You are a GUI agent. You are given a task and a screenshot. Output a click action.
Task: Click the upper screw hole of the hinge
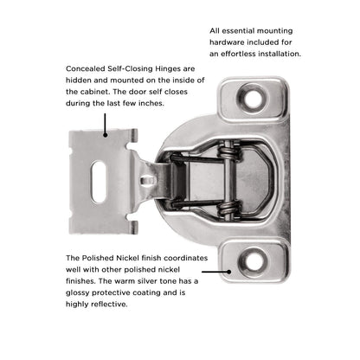(254, 98)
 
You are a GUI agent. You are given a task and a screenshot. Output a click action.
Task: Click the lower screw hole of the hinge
(257, 257)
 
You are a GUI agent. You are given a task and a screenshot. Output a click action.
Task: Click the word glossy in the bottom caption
(80, 292)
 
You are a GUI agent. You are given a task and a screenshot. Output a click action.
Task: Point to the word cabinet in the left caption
(85, 91)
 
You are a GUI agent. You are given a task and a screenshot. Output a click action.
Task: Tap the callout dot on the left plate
(106, 136)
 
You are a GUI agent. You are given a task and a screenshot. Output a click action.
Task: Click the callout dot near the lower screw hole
(228, 271)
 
